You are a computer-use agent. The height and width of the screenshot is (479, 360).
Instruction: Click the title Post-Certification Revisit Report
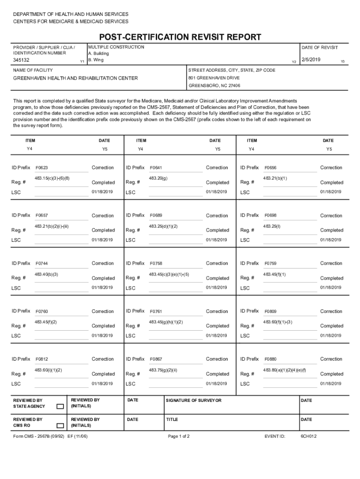pyautogui.click(x=180, y=37)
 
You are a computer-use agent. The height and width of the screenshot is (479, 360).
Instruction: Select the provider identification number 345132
pyautogui.click(x=21, y=60)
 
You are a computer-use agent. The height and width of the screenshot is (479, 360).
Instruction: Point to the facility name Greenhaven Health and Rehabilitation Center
pyautogui.click(x=75, y=78)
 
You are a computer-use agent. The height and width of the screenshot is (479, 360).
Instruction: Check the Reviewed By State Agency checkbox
pyautogui.click(x=60, y=406)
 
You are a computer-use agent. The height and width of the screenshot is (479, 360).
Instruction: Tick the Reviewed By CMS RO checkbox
pyautogui.click(x=60, y=426)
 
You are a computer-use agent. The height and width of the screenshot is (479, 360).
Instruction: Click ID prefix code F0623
pyautogui.click(x=42, y=168)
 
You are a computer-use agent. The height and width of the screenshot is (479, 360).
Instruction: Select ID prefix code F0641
pyautogui.click(x=156, y=168)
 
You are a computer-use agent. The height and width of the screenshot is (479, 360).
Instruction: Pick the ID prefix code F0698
pyautogui.click(x=270, y=216)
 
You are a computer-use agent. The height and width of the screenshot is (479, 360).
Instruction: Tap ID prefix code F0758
pyautogui.click(x=156, y=264)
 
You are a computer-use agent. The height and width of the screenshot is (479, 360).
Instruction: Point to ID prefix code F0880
pyautogui.click(x=270, y=359)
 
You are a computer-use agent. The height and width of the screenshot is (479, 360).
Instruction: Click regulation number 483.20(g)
pyautogui.click(x=158, y=178)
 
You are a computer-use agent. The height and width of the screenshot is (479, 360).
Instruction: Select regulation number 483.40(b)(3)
pyautogui.click(x=46, y=274)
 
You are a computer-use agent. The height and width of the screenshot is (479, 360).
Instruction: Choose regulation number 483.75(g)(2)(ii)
pyautogui.click(x=163, y=370)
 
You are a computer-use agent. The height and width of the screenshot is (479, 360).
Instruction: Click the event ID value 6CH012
pyautogui.click(x=309, y=436)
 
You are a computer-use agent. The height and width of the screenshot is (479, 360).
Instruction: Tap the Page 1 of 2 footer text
pyautogui.click(x=179, y=436)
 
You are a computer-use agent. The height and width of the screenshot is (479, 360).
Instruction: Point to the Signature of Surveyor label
pyautogui.click(x=194, y=400)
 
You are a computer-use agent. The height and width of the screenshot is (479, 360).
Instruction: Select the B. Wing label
pyautogui.click(x=96, y=60)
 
